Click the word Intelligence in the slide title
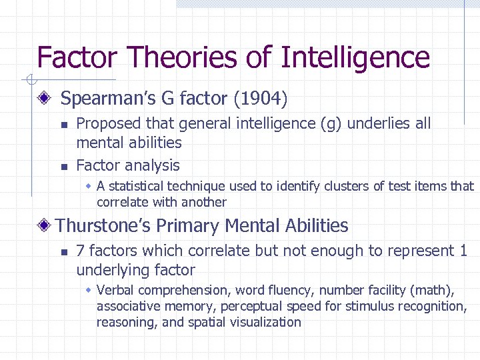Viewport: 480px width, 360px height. pos(355,57)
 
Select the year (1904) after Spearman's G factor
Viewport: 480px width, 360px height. pos(260,99)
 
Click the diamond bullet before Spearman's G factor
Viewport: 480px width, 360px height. pos(45,99)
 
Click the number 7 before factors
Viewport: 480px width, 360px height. pos(80,251)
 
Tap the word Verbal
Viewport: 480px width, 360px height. pos(115,290)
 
